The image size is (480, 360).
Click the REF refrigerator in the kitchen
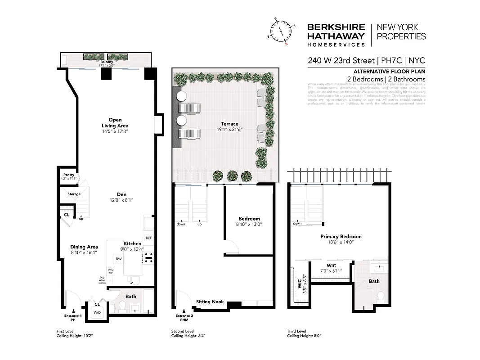click(148, 238)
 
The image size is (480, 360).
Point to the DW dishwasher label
click(118, 259)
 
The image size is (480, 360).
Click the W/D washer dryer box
click(97, 312)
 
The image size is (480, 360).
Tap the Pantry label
click(68, 175)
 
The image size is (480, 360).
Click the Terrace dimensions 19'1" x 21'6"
click(229, 130)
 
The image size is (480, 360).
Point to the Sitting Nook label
click(210, 301)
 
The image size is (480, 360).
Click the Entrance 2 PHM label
click(184, 318)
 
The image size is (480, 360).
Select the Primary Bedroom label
click(341, 236)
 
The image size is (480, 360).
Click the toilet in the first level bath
click(122, 307)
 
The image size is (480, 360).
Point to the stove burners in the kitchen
click(148, 257)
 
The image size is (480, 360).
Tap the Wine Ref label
click(110, 271)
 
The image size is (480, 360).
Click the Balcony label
click(107, 63)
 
